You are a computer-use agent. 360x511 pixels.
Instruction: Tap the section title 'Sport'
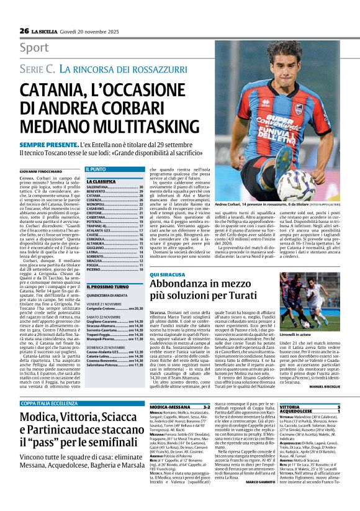(34, 48)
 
